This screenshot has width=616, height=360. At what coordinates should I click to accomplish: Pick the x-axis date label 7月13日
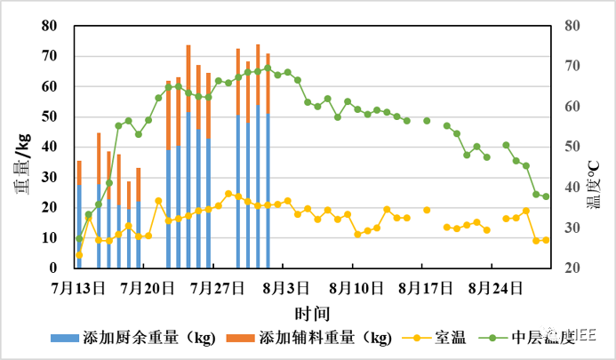tap(79, 288)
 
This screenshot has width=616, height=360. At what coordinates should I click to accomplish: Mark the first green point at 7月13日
tap(79, 239)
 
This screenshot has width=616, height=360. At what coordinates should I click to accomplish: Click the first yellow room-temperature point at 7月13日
tap(79, 254)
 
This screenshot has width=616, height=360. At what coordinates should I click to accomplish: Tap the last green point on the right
tap(546, 196)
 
